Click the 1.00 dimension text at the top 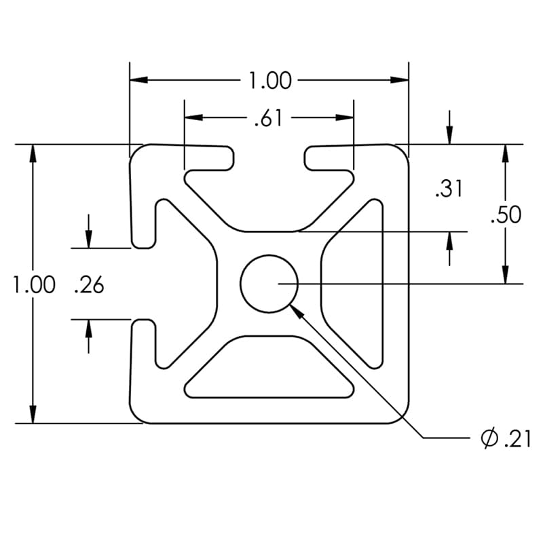click(x=269, y=81)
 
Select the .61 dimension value click(x=268, y=119)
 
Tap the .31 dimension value click(x=449, y=188)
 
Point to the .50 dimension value click(x=506, y=214)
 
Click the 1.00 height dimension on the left click(x=34, y=284)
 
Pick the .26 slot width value click(x=89, y=285)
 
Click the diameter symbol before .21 click(x=489, y=439)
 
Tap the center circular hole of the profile click(x=269, y=284)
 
